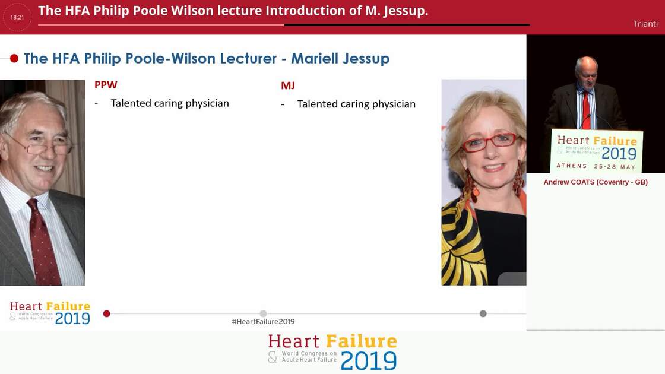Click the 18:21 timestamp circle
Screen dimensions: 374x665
pyautogui.click(x=17, y=17)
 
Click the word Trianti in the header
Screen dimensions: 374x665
pyautogui.click(x=645, y=24)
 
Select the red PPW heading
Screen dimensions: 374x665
pyautogui.click(x=106, y=85)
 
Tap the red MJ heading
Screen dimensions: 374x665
pyautogui.click(x=288, y=85)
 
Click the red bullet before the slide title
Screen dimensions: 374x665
pyautogui.click(x=14, y=58)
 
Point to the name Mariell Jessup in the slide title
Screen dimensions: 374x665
pyautogui.click(x=340, y=58)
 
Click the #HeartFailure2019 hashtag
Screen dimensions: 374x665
pyautogui.click(x=263, y=322)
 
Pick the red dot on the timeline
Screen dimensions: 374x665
pyautogui.click(x=107, y=313)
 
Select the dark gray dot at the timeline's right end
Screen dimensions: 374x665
pyautogui.click(x=483, y=313)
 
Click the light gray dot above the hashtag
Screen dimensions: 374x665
pyautogui.click(x=263, y=313)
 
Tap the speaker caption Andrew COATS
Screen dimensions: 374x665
pyautogui.click(x=596, y=182)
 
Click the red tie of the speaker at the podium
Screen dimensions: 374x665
pyautogui.click(x=587, y=110)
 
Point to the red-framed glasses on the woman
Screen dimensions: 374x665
pyautogui.click(x=489, y=142)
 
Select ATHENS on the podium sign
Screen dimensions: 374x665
pyautogui.click(x=571, y=166)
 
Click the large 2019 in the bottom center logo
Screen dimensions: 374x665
pyautogui.click(x=368, y=361)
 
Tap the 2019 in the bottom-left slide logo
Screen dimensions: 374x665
pyautogui.click(x=72, y=318)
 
